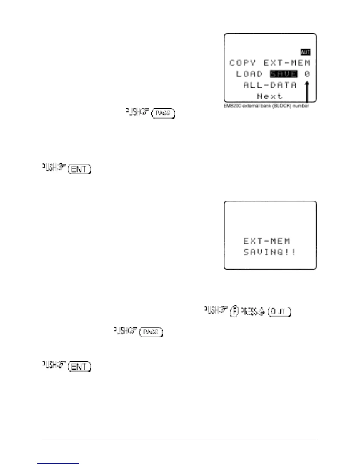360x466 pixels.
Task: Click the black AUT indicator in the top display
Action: (x=305, y=52)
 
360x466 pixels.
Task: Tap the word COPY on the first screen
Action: (x=242, y=63)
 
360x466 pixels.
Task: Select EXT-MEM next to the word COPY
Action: (x=287, y=63)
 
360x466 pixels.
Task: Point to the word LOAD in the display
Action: (x=249, y=74)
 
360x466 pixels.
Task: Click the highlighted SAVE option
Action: (x=284, y=74)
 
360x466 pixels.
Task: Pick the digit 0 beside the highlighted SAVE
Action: (x=307, y=74)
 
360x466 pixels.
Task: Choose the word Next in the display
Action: (x=269, y=96)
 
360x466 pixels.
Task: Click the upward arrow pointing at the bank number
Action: (x=307, y=91)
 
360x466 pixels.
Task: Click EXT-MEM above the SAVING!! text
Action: (x=266, y=241)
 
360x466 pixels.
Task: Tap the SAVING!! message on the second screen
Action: (x=269, y=252)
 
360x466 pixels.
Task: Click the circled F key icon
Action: (x=234, y=312)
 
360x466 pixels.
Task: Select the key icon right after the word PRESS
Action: (x=279, y=312)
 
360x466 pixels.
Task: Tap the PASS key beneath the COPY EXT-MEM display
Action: (x=163, y=113)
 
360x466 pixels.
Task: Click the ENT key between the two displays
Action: (x=79, y=169)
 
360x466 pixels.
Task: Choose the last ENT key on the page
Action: (x=79, y=367)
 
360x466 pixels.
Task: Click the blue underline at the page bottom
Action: (x=58, y=463)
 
